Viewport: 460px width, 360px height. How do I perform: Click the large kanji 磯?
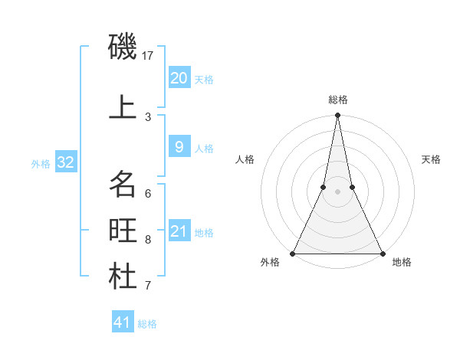[x=123, y=47]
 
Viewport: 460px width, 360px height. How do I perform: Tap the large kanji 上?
[x=123, y=108]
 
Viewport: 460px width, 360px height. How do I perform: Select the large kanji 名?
[x=123, y=185]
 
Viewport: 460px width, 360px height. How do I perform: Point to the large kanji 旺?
[x=123, y=231]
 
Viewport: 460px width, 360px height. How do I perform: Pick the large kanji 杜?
[x=123, y=277]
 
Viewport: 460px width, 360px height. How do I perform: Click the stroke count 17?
[x=148, y=56]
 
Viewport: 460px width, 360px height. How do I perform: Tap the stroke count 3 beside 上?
[x=148, y=117]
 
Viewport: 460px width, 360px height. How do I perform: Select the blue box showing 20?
[x=179, y=77]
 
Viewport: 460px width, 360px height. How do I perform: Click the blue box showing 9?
[x=179, y=147]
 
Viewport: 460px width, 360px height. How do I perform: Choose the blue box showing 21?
[x=179, y=231]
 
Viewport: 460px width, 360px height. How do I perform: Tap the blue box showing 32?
[x=65, y=162]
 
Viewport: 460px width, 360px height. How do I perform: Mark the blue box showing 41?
[x=123, y=322]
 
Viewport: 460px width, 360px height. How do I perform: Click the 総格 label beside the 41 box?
[x=147, y=324]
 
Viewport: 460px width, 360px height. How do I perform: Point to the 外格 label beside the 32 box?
[x=41, y=163]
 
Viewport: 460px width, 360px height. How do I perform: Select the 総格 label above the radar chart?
[x=337, y=100]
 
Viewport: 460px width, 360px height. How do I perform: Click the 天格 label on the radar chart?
[x=431, y=159]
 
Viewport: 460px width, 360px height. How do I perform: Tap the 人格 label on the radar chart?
[x=245, y=159]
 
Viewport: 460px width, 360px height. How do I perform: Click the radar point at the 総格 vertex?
[x=337, y=116]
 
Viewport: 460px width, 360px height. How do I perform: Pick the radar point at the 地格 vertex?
[x=382, y=253]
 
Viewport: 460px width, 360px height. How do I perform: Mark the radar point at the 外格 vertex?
[x=293, y=253]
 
